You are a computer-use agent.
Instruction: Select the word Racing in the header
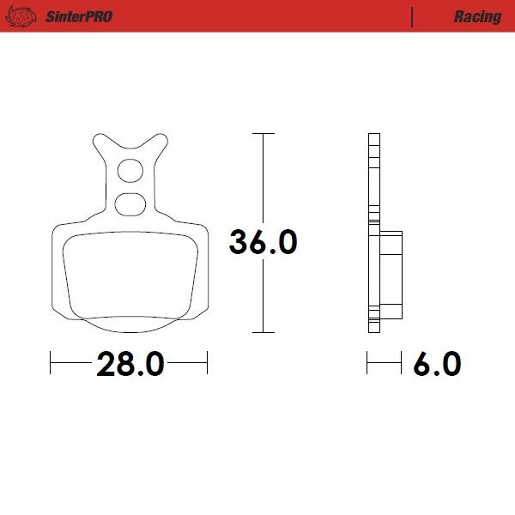tap(478, 16)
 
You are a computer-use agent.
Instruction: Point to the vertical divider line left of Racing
tap(414, 16)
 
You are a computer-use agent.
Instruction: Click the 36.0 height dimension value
tap(263, 242)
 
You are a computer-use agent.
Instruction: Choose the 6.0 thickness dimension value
tap(436, 364)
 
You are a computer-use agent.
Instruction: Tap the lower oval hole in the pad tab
tap(130, 204)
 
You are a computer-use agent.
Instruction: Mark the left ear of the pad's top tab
tap(97, 140)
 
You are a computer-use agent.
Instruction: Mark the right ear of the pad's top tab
tap(161, 140)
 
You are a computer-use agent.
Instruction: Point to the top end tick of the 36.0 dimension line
tap(263, 134)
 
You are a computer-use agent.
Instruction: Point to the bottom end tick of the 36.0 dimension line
tap(263, 332)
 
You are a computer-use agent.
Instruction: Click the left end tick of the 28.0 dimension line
tap(51, 364)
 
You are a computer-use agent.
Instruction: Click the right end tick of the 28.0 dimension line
tap(207, 364)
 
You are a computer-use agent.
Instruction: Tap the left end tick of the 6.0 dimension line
tap(367, 364)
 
